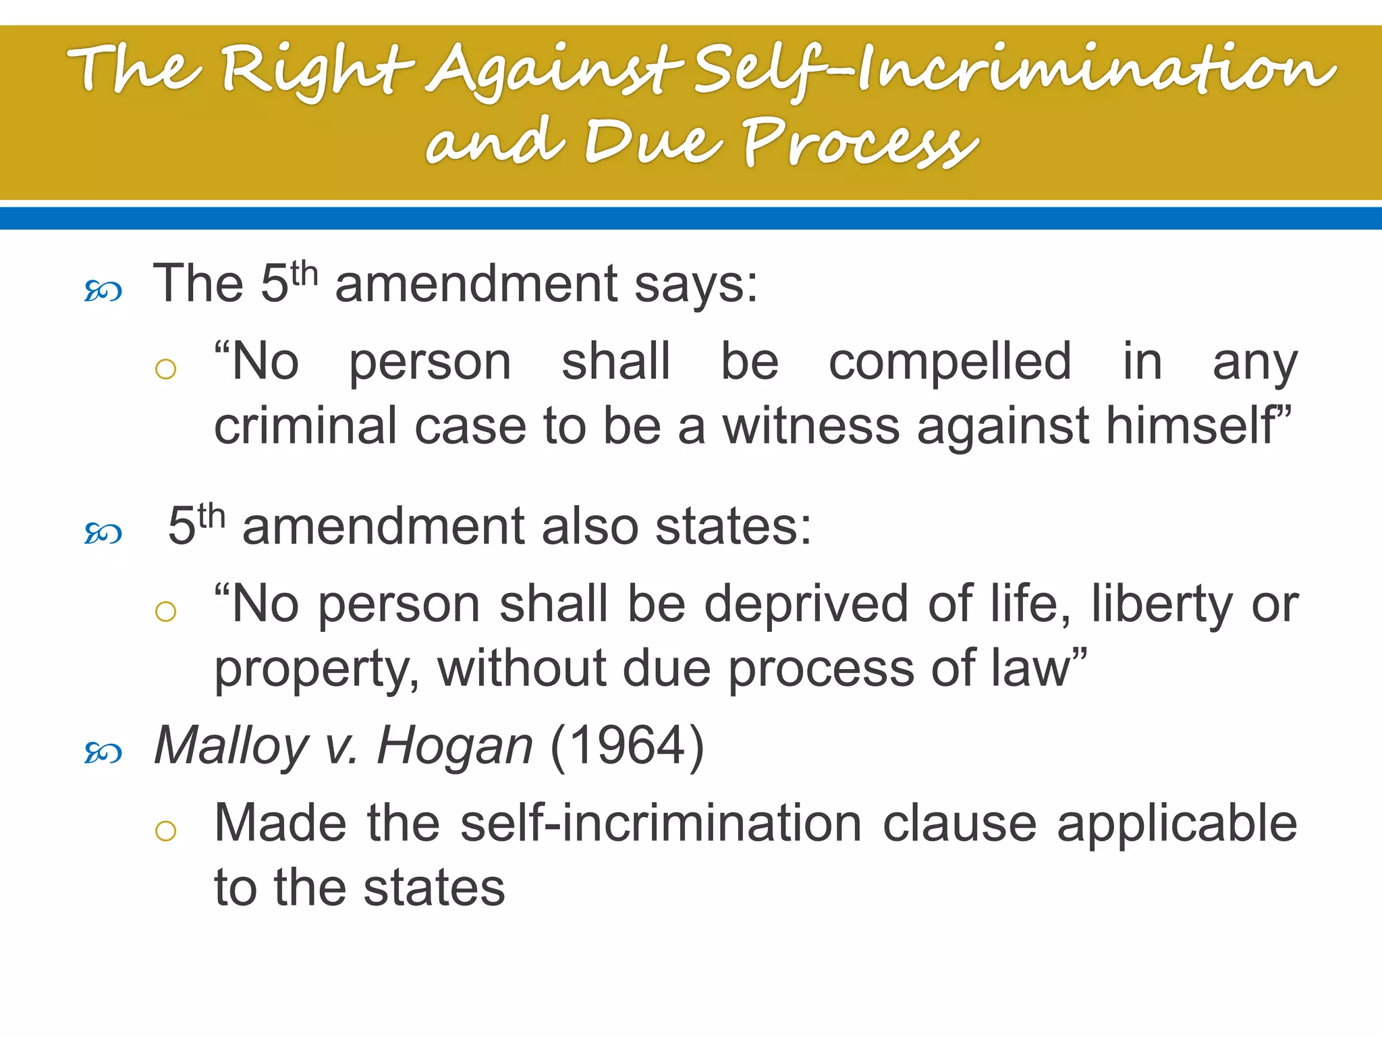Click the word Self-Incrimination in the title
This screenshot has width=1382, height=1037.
(x=1012, y=71)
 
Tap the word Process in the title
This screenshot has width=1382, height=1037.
(x=860, y=143)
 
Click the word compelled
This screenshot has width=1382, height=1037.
(x=949, y=363)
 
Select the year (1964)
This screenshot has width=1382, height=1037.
(x=628, y=747)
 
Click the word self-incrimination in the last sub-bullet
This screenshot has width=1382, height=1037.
(x=661, y=824)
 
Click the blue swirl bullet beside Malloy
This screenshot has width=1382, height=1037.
(x=103, y=752)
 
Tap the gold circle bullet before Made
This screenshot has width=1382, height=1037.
(x=165, y=830)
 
